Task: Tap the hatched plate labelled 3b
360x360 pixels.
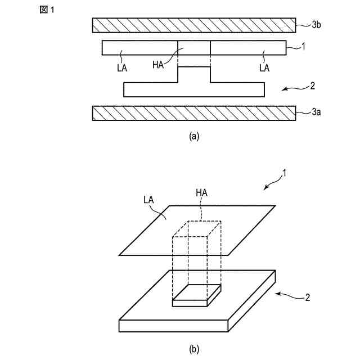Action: [x=194, y=25]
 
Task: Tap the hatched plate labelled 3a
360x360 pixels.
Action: [x=194, y=113]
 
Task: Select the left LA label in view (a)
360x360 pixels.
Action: [x=121, y=67]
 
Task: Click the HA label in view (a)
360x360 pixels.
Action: [x=158, y=65]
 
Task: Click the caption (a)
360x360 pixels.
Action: [x=194, y=136]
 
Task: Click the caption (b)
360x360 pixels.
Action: [x=194, y=349]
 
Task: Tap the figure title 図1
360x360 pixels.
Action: [x=47, y=10]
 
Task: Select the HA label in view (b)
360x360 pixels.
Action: [x=202, y=193]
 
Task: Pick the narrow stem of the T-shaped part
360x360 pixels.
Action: [x=194, y=75]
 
